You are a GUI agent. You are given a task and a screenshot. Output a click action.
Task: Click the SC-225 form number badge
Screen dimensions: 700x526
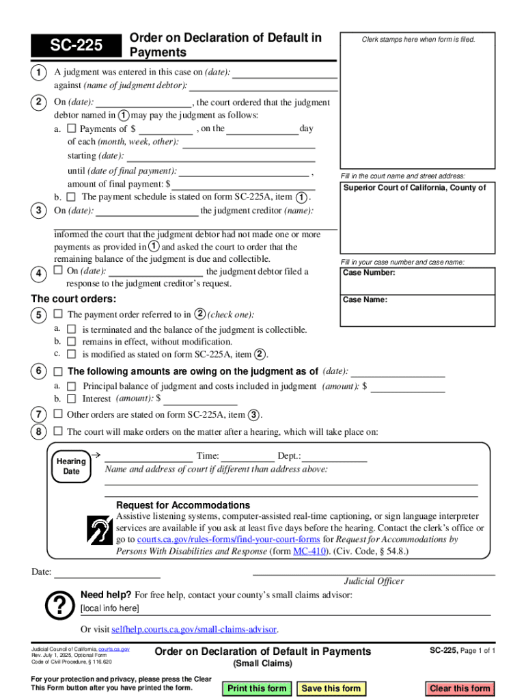75,45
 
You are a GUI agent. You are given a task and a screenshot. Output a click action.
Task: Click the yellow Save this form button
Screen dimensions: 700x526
331,688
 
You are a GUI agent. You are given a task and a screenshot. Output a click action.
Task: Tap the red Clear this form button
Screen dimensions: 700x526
460,688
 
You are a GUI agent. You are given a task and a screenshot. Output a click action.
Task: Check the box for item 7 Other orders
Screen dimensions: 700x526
58,414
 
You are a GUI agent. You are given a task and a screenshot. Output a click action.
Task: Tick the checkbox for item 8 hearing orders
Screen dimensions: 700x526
58,431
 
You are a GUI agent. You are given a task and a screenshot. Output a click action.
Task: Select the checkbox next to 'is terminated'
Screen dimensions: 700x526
71,329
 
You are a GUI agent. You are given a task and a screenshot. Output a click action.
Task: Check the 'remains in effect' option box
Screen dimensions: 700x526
71,342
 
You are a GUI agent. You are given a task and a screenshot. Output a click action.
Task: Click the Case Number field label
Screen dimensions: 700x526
369,273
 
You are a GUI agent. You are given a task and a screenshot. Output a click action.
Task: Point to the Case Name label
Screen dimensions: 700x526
365,299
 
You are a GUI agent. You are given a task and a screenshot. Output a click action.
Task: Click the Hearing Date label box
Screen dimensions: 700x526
71,466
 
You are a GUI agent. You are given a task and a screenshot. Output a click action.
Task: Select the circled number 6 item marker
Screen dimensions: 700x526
38,371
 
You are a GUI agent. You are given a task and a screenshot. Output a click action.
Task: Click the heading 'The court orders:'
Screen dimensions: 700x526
74,299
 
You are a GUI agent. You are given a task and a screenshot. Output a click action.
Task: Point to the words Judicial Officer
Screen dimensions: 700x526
374,581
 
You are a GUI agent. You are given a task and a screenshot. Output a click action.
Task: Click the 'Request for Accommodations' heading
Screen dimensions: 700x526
183,505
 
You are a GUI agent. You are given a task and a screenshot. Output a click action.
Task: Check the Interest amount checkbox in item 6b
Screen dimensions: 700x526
71,399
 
